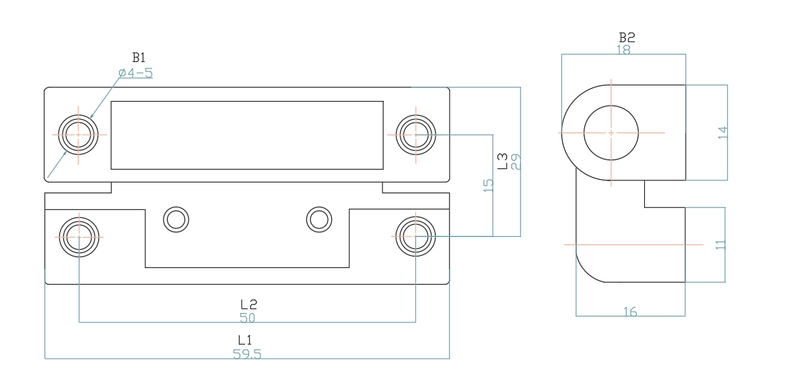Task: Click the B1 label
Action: click(139, 59)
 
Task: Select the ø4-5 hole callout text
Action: click(135, 73)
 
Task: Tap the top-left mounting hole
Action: click(78, 135)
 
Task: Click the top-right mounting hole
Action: click(416, 134)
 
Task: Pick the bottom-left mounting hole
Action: click(79, 236)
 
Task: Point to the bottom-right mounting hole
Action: click(416, 236)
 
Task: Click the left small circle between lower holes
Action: click(176, 219)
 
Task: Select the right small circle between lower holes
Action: click(318, 219)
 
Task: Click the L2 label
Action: click(247, 304)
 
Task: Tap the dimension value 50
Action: click(247, 317)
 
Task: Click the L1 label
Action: click(246, 341)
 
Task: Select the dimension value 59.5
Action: click(247, 354)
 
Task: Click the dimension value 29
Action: click(516, 162)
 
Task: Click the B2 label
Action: click(627, 37)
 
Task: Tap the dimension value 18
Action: click(623, 49)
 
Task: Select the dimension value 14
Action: click(722, 133)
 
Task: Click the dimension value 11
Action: click(721, 245)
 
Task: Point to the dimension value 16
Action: click(630, 311)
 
